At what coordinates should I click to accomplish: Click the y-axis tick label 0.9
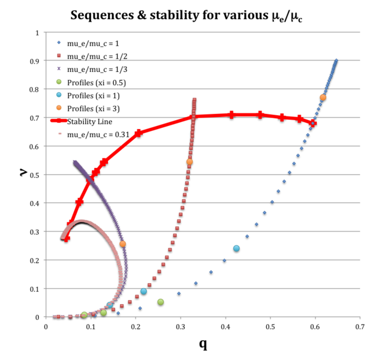(35, 61)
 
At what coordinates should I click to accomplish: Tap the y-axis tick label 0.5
(35, 175)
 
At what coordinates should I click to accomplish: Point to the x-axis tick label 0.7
(360, 327)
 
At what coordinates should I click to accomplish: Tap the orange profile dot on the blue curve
(323, 97)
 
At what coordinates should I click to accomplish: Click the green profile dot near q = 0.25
(161, 302)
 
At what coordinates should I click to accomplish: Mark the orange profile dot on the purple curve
(122, 244)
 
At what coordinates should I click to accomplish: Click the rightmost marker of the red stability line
(313, 124)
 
